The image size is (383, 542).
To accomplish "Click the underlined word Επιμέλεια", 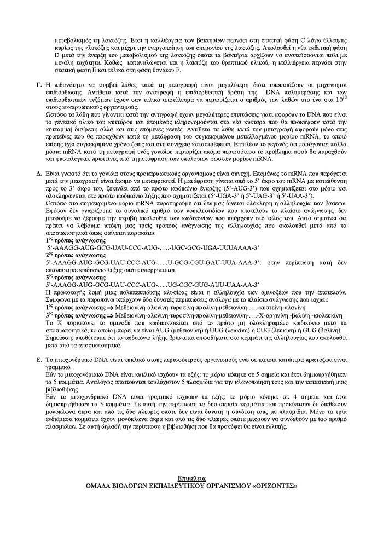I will click(x=190, y=478).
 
